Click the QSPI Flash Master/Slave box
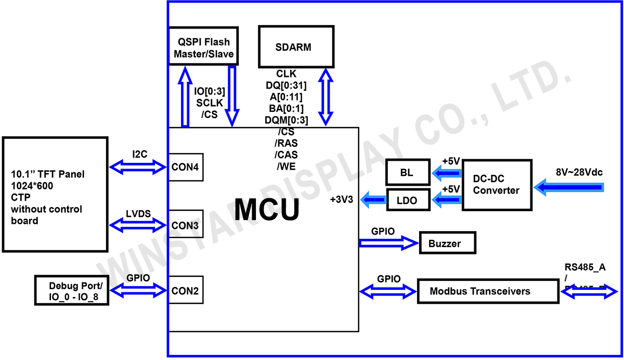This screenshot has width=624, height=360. [203, 46]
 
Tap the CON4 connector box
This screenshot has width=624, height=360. [185, 167]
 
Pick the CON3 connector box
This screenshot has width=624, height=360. [185, 225]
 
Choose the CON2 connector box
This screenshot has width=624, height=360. [185, 289]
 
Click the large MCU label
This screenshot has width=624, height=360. [267, 209]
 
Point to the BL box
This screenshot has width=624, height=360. [407, 173]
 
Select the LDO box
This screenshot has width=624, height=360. [409, 200]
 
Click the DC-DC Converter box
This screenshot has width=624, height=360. [497, 185]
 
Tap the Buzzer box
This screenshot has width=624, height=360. [448, 243]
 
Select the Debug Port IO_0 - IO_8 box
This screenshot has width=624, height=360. [71, 290]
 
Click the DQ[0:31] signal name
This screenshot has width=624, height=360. [286, 85]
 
